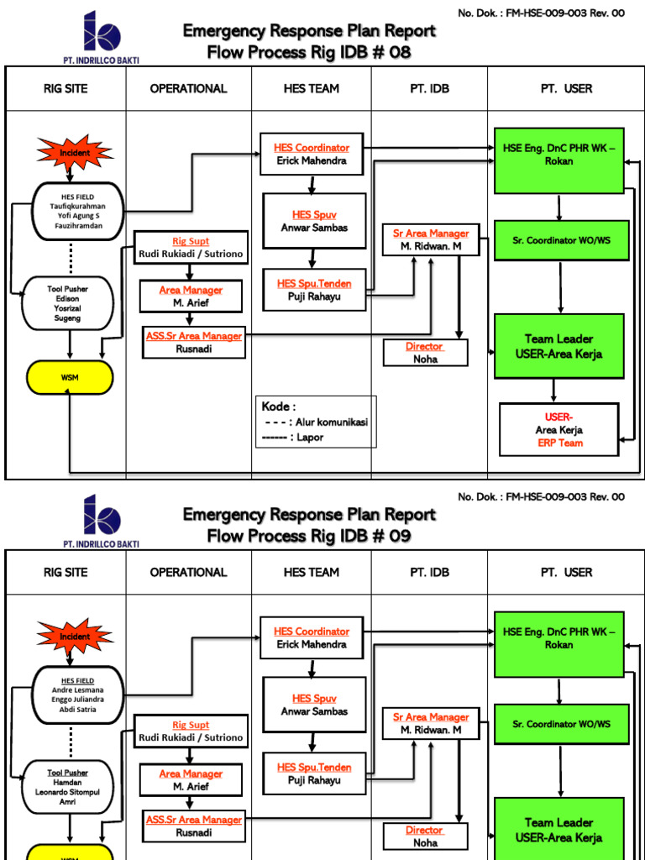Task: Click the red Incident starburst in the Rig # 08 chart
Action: tap(74, 153)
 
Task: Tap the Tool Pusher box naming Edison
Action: tap(69, 304)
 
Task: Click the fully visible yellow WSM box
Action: tap(70, 377)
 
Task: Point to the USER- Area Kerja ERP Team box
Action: tap(558, 429)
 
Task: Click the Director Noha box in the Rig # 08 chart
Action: tap(425, 353)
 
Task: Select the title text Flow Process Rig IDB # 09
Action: tap(309, 536)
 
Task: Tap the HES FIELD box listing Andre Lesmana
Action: tap(78, 695)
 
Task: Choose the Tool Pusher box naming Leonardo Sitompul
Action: tap(69, 788)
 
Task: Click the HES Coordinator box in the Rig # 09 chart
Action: tap(312, 638)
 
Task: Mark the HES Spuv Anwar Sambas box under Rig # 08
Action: tap(314, 221)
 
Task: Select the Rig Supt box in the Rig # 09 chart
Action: tap(191, 731)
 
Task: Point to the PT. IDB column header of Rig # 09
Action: tap(429, 572)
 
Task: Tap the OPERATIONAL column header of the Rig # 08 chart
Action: tap(188, 88)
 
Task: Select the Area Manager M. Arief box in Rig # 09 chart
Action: tap(191, 780)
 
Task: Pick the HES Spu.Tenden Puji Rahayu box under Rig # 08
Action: tap(314, 290)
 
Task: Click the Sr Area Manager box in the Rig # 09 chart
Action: tap(431, 724)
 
